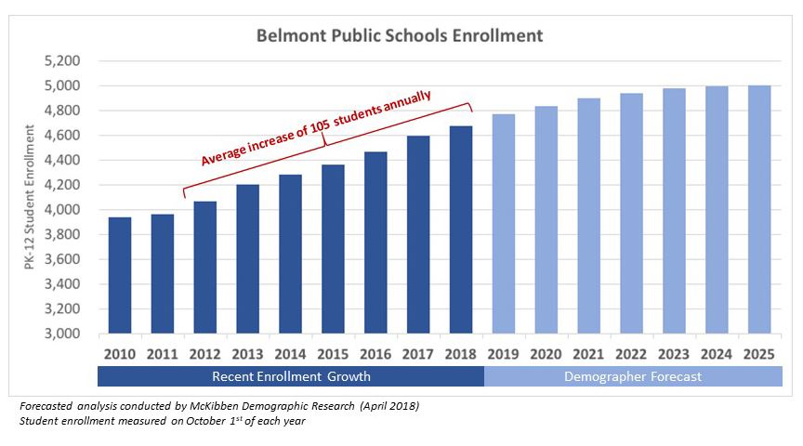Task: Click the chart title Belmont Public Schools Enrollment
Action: pos(400,36)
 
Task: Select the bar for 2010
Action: pos(120,275)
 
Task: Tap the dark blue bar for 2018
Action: pos(460,230)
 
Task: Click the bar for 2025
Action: pos(758,210)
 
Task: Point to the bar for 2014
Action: pos(290,254)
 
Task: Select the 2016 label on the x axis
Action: pos(375,353)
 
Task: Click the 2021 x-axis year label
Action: pos(588,353)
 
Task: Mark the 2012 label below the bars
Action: pos(205,353)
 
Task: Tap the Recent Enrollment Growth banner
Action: pos(291,376)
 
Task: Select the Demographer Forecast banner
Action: pos(633,376)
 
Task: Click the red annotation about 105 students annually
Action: pos(316,129)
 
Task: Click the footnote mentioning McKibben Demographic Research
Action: pos(219,407)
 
